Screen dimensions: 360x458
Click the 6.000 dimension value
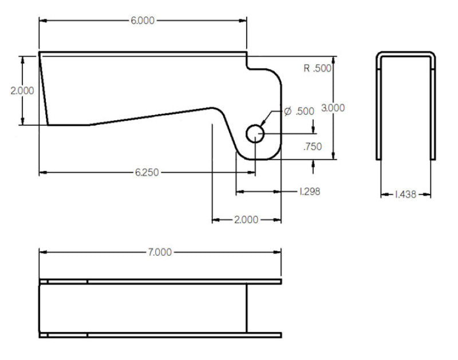click(143, 20)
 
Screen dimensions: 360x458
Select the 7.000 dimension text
click(159, 252)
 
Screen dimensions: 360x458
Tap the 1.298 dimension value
click(310, 192)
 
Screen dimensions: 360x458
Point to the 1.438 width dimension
click(406, 195)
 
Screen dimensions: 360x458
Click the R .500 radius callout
click(318, 69)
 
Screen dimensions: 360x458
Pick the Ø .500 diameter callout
click(299, 111)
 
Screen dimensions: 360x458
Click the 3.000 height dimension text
click(333, 108)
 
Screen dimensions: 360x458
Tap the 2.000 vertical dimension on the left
click(22, 90)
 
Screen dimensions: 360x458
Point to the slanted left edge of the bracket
click(43, 89)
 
